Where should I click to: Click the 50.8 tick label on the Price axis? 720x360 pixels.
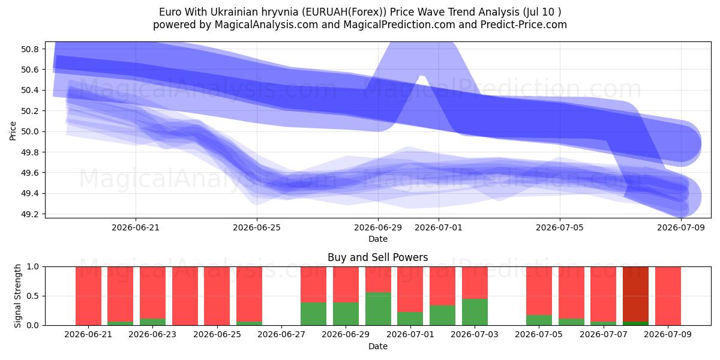pyautogui.click(x=29, y=49)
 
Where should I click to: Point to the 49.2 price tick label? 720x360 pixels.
pyautogui.click(x=29, y=214)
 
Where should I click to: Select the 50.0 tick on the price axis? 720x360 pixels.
pyautogui.click(x=29, y=131)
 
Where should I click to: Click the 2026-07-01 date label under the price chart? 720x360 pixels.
pyautogui.click(x=439, y=227)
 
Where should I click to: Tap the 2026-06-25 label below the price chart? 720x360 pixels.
pyautogui.click(x=257, y=227)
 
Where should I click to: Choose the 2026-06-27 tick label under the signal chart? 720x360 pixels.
pyautogui.click(x=281, y=334)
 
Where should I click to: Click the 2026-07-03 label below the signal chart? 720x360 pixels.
pyautogui.click(x=475, y=334)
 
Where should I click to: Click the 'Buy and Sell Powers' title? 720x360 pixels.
pyautogui.click(x=377, y=257)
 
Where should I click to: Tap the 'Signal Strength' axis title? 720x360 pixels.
pyautogui.click(x=17, y=296)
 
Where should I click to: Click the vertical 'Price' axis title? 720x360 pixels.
pyautogui.click(x=13, y=131)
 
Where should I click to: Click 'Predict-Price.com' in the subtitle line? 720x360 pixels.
pyautogui.click(x=524, y=25)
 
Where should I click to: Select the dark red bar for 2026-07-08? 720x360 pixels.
pyautogui.click(x=635, y=294)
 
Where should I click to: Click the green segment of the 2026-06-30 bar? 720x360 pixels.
pyautogui.click(x=378, y=308)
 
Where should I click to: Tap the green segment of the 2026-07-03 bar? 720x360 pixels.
pyautogui.click(x=475, y=312)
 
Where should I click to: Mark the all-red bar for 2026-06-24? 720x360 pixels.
pyautogui.click(x=185, y=296)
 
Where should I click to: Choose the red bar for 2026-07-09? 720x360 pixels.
pyautogui.click(x=668, y=296)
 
